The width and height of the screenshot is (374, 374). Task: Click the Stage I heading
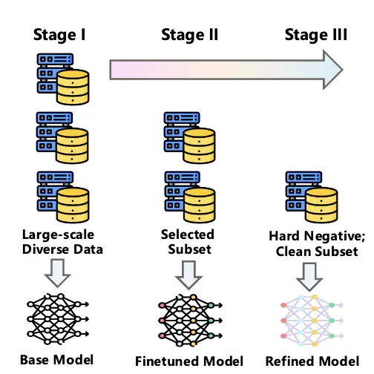pyautogui.click(x=59, y=35)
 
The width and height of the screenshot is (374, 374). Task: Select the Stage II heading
pyautogui.click(x=190, y=35)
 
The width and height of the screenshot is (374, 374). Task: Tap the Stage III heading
pyautogui.click(x=316, y=35)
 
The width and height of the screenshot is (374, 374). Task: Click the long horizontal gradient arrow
pyautogui.click(x=226, y=70)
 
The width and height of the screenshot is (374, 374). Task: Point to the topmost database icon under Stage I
pyautogui.click(x=63, y=79)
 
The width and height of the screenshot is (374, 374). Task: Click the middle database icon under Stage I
pyautogui.click(x=62, y=137)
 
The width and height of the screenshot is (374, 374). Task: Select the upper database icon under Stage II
pyautogui.click(x=190, y=137)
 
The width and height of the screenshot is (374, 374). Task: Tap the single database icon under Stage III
pyautogui.click(x=312, y=197)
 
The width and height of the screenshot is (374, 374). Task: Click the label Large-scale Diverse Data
pyautogui.click(x=62, y=242)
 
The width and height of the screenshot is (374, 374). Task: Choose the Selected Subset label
pyautogui.click(x=188, y=242)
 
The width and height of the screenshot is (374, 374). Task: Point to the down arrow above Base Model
pyautogui.click(x=58, y=273)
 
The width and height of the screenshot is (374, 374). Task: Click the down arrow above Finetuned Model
pyautogui.click(x=188, y=275)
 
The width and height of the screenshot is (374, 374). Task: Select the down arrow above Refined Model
pyautogui.click(x=309, y=277)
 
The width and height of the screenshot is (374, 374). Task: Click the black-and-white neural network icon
pyautogui.click(x=58, y=319)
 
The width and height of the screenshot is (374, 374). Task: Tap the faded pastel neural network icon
pyautogui.click(x=312, y=321)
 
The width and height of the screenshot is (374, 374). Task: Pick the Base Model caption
pyautogui.click(x=56, y=360)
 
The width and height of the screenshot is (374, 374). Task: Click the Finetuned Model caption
pyautogui.click(x=189, y=361)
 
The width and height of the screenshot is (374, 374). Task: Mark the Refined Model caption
pyautogui.click(x=312, y=361)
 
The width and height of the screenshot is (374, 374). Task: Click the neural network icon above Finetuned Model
pyautogui.click(x=190, y=321)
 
